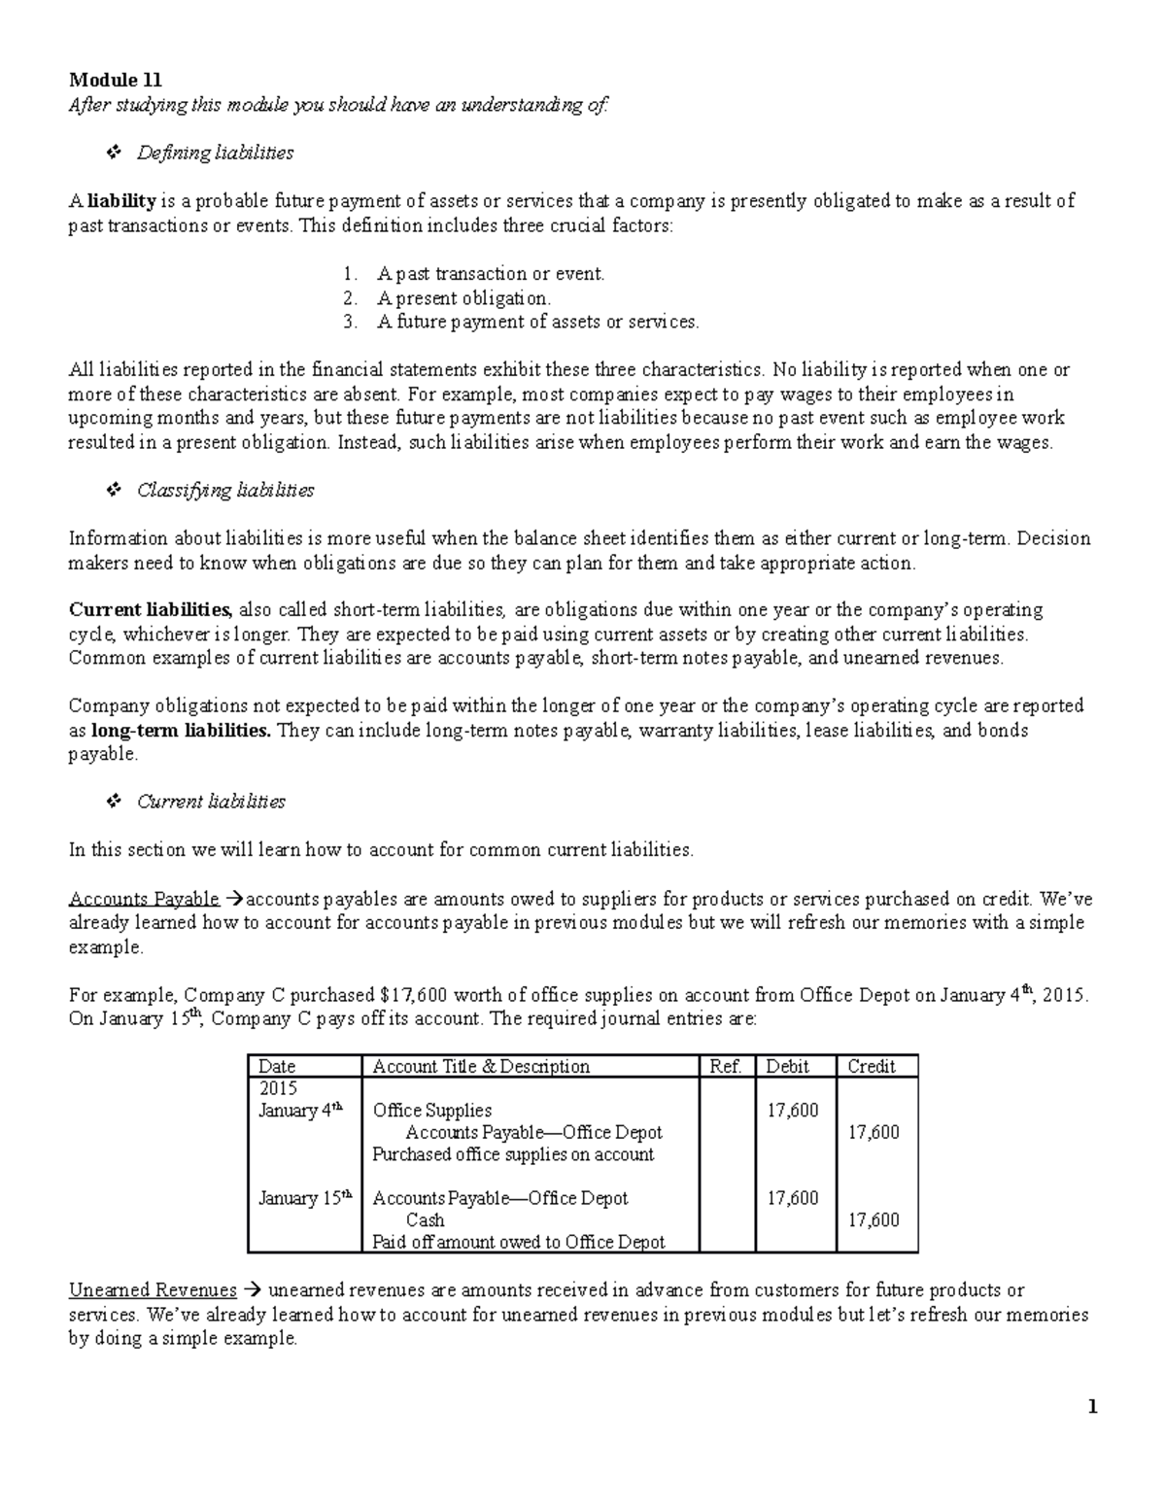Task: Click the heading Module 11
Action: (x=115, y=81)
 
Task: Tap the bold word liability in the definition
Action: (x=121, y=201)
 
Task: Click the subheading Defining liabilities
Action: (x=215, y=153)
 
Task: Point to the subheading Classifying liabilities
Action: (x=225, y=491)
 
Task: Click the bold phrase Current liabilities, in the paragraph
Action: (x=150, y=610)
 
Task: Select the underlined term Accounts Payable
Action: (x=144, y=899)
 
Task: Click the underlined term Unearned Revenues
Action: (x=153, y=1290)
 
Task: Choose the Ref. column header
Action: (x=726, y=1067)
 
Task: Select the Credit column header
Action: (x=871, y=1067)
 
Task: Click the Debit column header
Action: (x=787, y=1067)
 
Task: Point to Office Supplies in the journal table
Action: (x=432, y=1111)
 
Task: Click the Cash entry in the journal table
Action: (x=425, y=1220)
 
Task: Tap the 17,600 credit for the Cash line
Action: (x=874, y=1220)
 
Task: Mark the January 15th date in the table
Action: (x=300, y=1198)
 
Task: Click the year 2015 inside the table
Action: (x=278, y=1088)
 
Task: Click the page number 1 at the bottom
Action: (x=1093, y=1407)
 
